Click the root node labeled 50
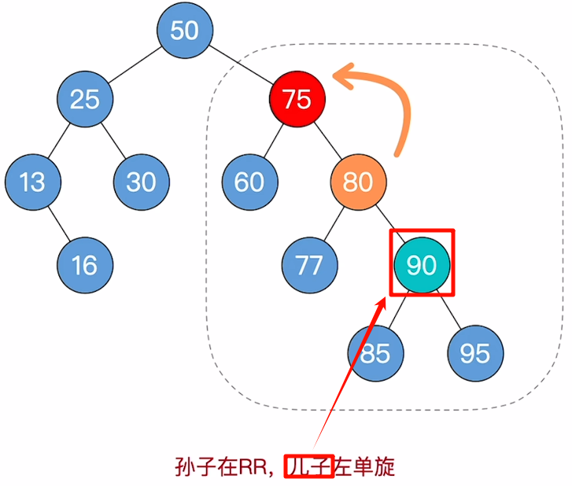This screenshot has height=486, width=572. [185, 31]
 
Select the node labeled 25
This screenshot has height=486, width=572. [85, 99]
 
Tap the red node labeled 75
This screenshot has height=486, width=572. [297, 99]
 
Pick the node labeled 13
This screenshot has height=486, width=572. [32, 182]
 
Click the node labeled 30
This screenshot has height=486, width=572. [142, 182]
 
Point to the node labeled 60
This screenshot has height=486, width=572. [249, 182]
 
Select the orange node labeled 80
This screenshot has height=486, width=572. [358, 182]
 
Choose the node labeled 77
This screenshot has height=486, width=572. [310, 265]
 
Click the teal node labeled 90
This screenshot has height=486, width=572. [422, 265]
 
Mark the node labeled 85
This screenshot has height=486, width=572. [375, 352]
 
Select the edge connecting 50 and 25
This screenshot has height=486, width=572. [135, 65]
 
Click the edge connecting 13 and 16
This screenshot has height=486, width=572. [59, 223]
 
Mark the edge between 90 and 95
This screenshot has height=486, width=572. [449, 309]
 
